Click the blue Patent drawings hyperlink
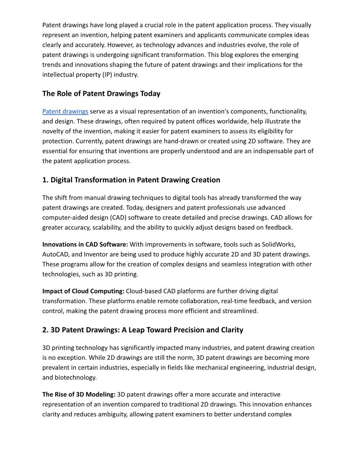[65, 112]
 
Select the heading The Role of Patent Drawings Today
[101, 94]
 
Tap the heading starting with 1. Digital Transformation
[131, 180]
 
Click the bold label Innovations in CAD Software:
[85, 244]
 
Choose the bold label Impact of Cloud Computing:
[83, 291]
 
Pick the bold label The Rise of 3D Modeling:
[79, 395]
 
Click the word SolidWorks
[279, 244]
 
